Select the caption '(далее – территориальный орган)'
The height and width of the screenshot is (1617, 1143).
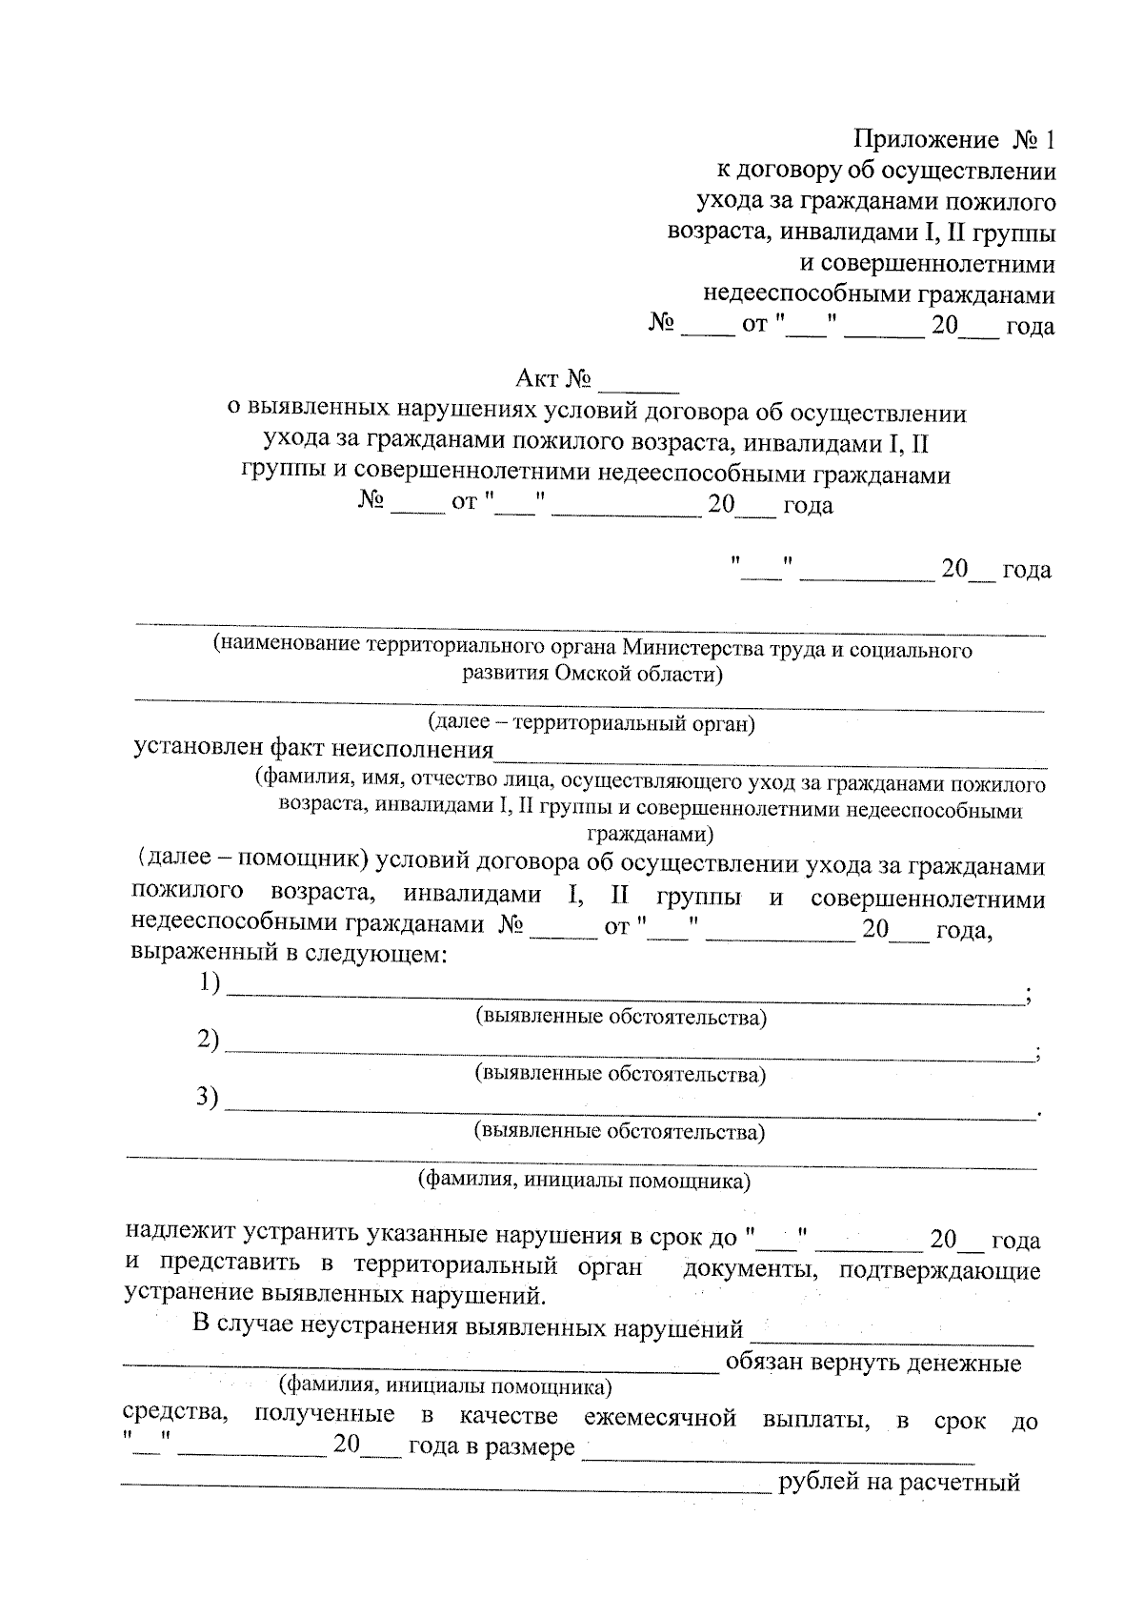click(591, 723)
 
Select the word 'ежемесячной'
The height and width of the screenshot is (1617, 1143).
click(660, 1417)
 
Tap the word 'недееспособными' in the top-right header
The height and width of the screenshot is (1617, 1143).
click(807, 295)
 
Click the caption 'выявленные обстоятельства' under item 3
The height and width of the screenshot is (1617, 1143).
click(619, 1132)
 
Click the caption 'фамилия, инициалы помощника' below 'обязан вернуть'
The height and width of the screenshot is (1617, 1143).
click(444, 1385)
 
